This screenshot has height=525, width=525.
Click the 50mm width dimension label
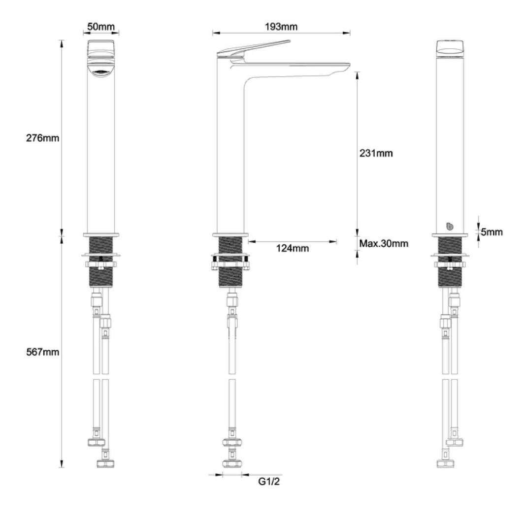(x=100, y=27)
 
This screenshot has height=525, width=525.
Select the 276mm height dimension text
(x=42, y=138)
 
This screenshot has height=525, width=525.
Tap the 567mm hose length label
(x=42, y=352)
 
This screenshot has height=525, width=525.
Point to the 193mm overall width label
(x=281, y=27)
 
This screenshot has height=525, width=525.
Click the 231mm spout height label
(x=376, y=153)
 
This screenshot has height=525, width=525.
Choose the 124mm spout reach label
(x=292, y=248)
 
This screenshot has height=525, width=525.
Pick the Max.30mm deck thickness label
(x=383, y=243)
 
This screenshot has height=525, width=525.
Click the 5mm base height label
(x=492, y=232)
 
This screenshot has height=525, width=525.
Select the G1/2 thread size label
(x=269, y=481)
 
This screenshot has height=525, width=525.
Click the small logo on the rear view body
(x=449, y=226)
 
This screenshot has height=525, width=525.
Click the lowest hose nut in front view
(x=105, y=463)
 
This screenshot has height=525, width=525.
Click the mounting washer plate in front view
(x=100, y=255)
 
